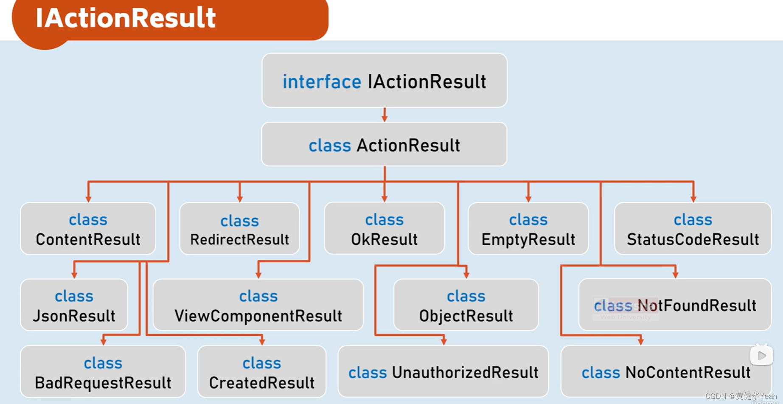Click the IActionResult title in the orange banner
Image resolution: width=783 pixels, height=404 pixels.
126,18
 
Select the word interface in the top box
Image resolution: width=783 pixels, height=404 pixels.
322,81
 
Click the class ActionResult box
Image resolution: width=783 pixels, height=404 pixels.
384,145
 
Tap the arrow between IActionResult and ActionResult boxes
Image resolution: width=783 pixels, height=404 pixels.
384,115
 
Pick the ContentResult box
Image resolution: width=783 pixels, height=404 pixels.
88,229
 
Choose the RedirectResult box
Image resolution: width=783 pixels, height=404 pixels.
239,230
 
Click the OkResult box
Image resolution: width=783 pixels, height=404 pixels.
384,229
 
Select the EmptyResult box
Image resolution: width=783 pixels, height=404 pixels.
528,229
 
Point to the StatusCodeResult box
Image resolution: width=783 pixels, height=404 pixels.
693,229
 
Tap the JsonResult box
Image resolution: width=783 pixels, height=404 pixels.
74,306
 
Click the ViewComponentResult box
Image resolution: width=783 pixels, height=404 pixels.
258,306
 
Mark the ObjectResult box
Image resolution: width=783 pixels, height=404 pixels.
466,306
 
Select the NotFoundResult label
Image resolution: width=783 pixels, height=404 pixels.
696,306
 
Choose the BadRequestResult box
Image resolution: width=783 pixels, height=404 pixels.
103,373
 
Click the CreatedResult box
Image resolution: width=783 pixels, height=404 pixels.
262,373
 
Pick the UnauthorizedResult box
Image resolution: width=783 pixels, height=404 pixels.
443,373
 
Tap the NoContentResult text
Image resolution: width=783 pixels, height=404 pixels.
688,373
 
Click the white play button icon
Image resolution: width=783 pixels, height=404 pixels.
761,356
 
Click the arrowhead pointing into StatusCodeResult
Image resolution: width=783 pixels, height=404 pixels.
693,199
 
